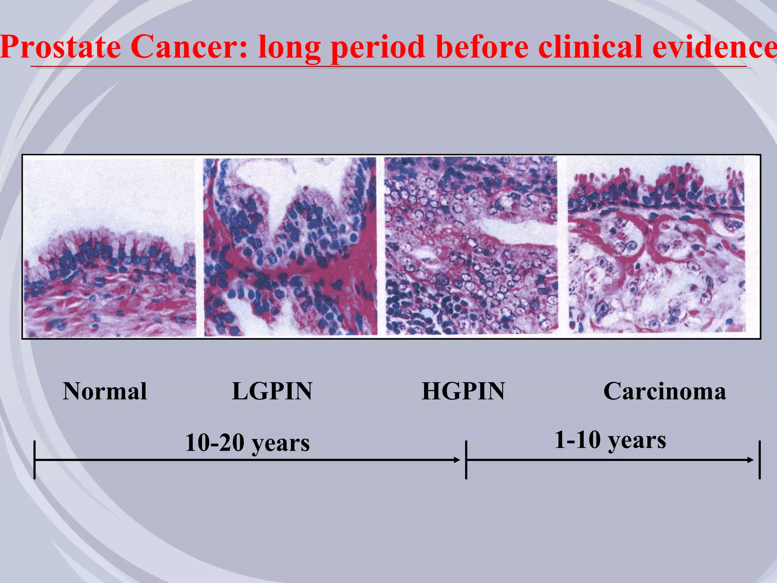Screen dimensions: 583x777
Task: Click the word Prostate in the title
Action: [61, 47]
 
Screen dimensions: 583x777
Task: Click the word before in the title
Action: [482, 47]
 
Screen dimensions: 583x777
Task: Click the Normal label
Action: [105, 391]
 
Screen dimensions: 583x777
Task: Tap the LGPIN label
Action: [272, 391]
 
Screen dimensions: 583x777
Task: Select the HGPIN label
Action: [463, 391]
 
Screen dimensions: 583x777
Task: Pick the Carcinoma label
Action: [664, 391]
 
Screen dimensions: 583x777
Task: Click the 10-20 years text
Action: [247, 443]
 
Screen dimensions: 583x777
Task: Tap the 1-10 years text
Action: [610, 440]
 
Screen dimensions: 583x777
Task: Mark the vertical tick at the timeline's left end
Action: [35, 460]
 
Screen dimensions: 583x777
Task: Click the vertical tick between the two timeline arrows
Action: [466, 460]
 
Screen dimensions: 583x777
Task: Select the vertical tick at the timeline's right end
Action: [760, 460]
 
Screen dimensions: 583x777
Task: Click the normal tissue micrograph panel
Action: [110, 247]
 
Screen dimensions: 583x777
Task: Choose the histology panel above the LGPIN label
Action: [290, 247]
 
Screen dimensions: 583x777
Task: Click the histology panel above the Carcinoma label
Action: [656, 247]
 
